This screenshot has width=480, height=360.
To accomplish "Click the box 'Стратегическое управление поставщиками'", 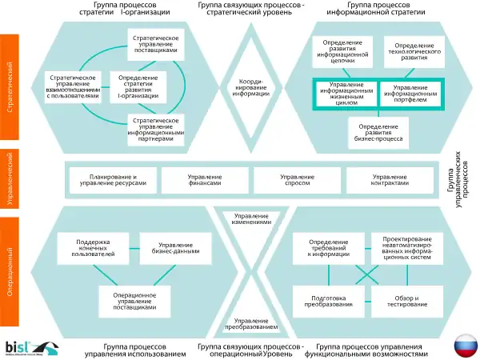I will click(x=156, y=43).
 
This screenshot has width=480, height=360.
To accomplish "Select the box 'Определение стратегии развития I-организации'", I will click(x=138, y=86).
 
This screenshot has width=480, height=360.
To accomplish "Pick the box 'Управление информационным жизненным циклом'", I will click(x=346, y=93).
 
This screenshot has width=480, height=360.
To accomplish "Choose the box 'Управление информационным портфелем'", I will click(x=410, y=93).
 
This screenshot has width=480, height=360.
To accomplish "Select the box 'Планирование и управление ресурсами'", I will click(x=114, y=180).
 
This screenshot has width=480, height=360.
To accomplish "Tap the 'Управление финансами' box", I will click(x=206, y=180).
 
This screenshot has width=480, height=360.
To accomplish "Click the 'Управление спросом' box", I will click(x=298, y=180).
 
